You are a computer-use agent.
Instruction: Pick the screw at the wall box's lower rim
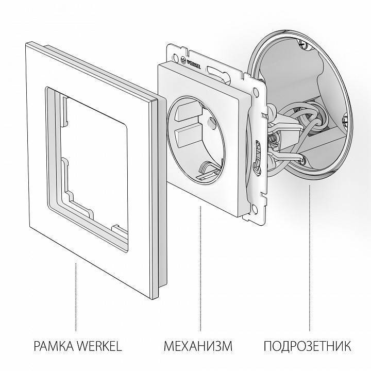pyautogui.click(x=306, y=163)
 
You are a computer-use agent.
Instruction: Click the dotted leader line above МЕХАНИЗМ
pyautogui.click(x=199, y=268)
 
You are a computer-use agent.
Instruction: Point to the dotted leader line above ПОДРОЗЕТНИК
pyautogui.click(x=310, y=258)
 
